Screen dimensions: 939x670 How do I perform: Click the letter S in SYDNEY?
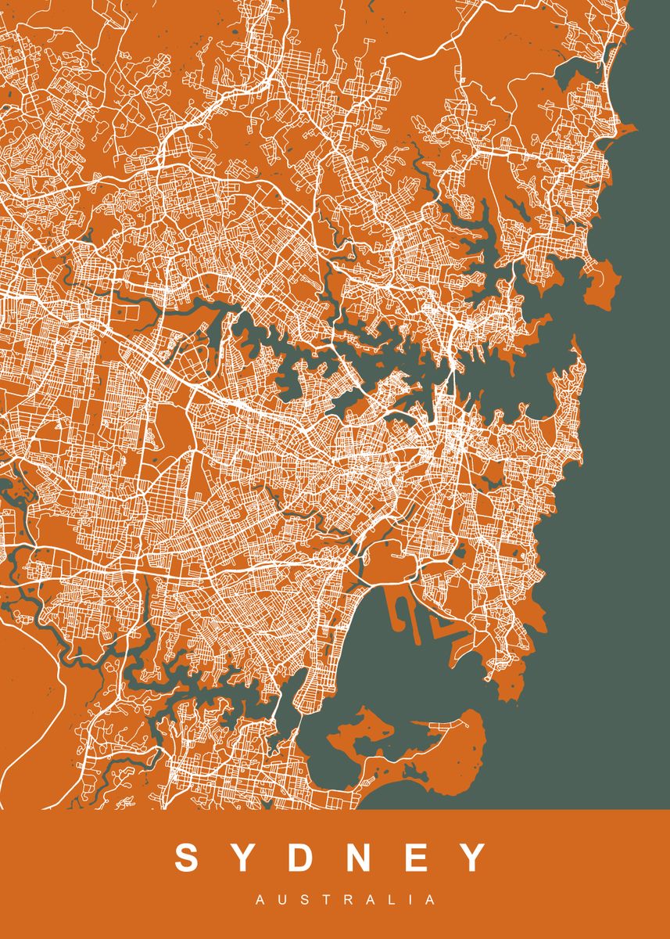188,858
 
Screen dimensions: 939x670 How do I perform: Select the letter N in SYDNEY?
364,858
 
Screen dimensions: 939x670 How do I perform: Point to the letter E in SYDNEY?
419,858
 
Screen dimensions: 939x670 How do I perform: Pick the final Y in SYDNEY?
474,858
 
